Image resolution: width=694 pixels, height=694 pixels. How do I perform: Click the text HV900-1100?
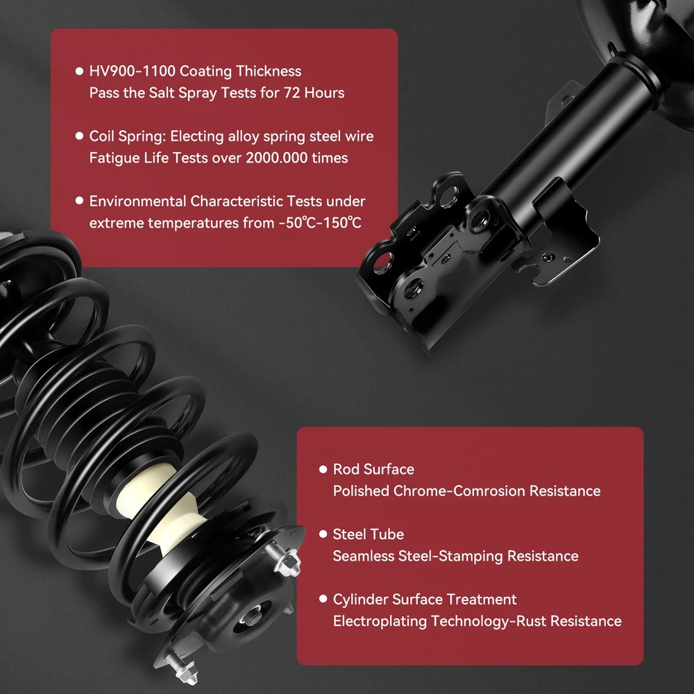click(x=133, y=71)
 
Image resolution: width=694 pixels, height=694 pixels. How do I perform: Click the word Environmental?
click(x=137, y=201)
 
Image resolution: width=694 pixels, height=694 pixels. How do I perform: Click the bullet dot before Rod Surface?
click(x=323, y=469)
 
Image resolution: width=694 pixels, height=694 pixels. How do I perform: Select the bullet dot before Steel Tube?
click(x=323, y=534)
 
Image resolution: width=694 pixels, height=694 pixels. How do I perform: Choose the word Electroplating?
click(x=380, y=621)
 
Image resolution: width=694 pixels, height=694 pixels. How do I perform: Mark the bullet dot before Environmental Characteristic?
click(x=80, y=201)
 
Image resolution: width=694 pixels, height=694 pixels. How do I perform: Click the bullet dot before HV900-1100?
click(x=80, y=71)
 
